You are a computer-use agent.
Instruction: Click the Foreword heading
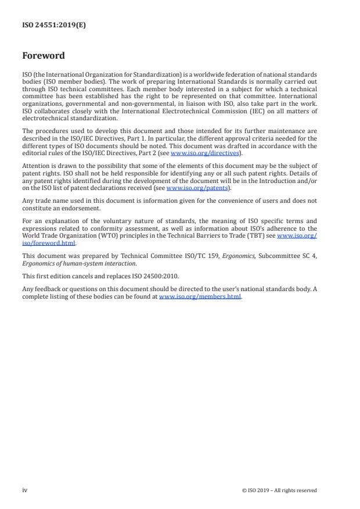[x=43, y=56]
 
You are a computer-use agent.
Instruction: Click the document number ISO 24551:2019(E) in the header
[x=54, y=25]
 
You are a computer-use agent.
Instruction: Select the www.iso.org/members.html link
[x=200, y=296]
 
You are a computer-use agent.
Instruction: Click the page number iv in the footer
[x=24, y=490]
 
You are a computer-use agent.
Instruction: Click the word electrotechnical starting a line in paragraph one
[x=44, y=118]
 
